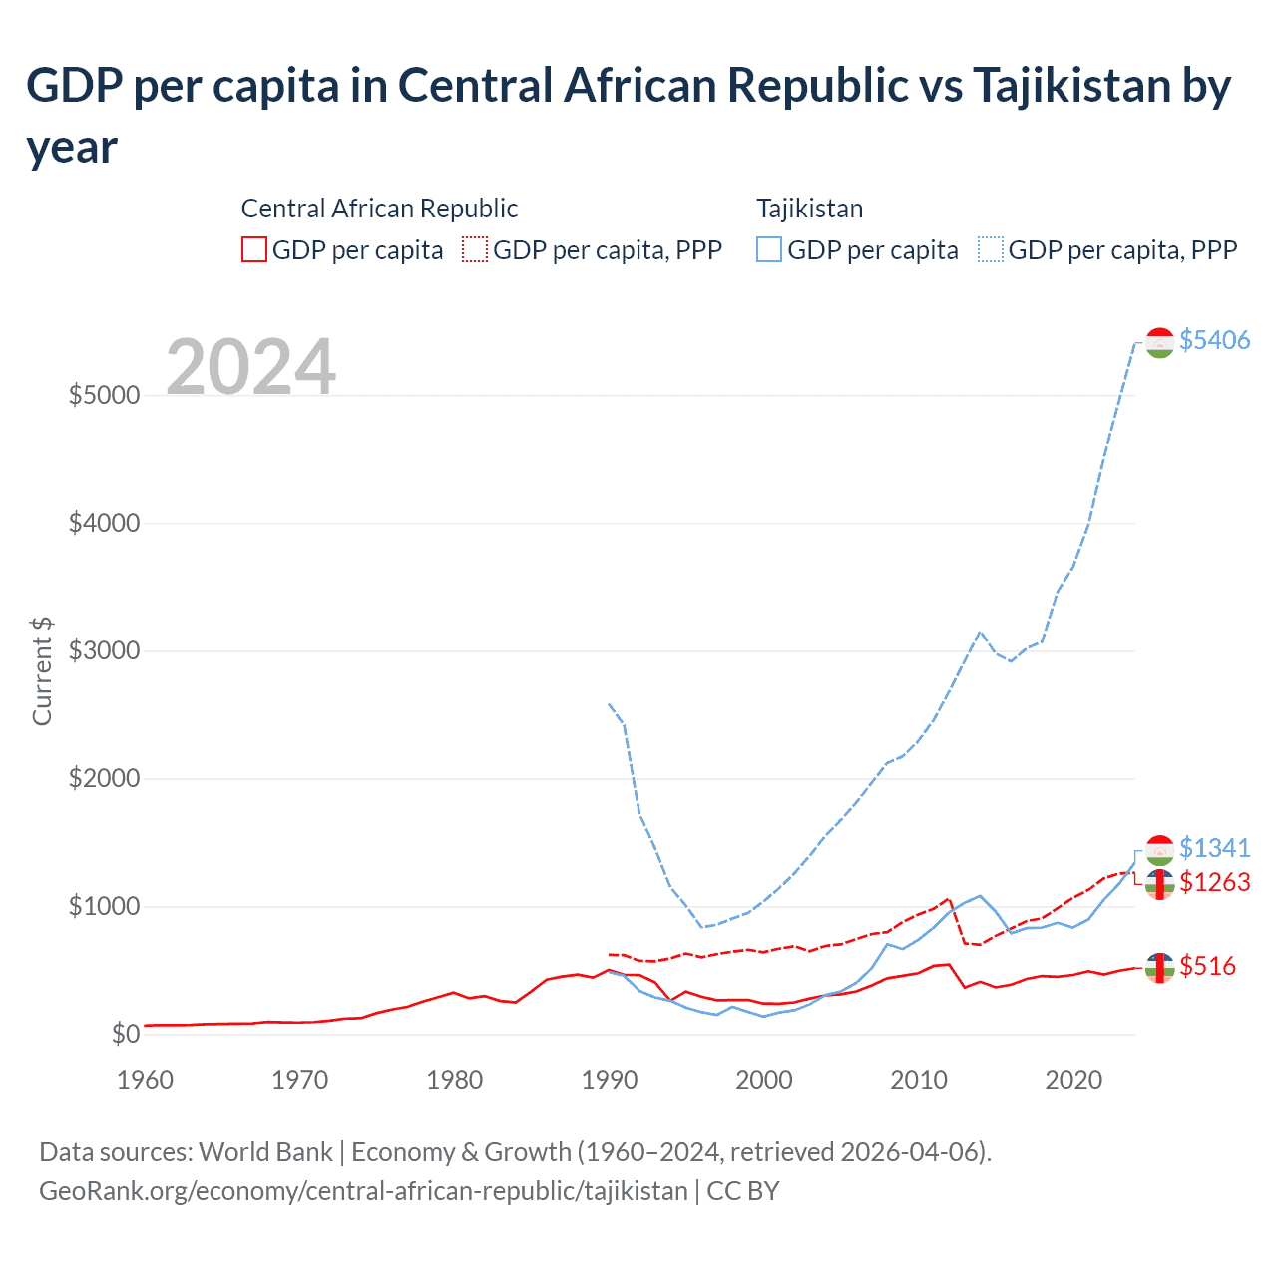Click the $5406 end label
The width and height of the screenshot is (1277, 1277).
[1214, 340]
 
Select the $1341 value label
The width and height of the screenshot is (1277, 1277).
[1214, 848]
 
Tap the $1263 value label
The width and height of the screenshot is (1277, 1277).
[1214, 882]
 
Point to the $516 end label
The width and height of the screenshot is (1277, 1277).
[1207, 966]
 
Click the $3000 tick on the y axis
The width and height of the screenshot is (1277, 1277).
[104, 651]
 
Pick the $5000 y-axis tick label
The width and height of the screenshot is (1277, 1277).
[104, 395]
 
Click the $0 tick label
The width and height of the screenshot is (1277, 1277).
[125, 1035]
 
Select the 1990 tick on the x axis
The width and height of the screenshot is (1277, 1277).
[610, 1080]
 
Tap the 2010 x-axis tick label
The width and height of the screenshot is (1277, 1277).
[919, 1080]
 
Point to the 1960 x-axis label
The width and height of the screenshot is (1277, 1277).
[146, 1080]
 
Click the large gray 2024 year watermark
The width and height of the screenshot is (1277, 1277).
[250, 367]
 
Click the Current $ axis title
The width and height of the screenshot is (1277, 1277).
[42, 670]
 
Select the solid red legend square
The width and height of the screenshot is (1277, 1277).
[254, 249]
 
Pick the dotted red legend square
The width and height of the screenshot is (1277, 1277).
[476, 249]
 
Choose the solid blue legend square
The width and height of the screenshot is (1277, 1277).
[769, 249]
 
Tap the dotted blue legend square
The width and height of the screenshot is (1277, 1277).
[991, 249]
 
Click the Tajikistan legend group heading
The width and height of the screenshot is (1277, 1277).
[809, 209]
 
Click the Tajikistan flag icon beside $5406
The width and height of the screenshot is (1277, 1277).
[1159, 342]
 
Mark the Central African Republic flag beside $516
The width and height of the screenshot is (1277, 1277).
[1159, 967]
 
